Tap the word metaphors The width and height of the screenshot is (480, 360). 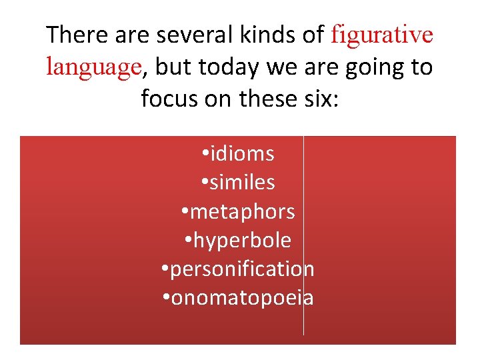click(x=243, y=212)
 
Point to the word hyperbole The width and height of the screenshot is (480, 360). click(x=243, y=241)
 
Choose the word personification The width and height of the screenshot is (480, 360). click(x=243, y=269)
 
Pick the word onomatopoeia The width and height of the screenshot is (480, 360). click(x=243, y=298)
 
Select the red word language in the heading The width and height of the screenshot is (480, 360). click(x=93, y=67)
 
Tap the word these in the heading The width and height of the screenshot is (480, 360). click(x=267, y=99)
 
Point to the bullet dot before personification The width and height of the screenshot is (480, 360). click(x=165, y=270)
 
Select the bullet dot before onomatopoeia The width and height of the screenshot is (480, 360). click(x=165, y=299)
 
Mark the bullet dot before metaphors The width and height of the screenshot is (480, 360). click(x=185, y=213)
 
